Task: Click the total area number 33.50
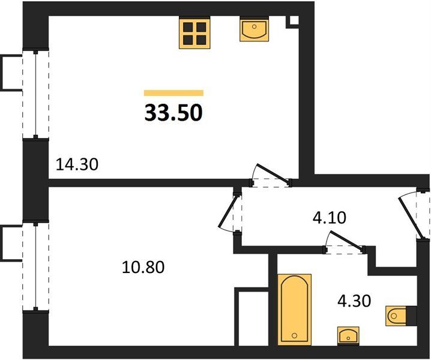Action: click(x=173, y=113)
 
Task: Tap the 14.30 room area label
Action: click(x=77, y=165)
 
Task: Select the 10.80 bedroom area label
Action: click(x=143, y=267)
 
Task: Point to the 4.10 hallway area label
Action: click(x=330, y=218)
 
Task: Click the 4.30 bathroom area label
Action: click(x=354, y=301)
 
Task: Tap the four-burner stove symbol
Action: click(x=194, y=32)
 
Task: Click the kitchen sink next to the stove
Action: click(x=255, y=29)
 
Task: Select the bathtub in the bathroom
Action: click(x=294, y=310)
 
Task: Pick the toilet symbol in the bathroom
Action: click(x=398, y=316)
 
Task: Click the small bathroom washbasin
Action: click(x=348, y=335)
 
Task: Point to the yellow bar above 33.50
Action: click(x=173, y=93)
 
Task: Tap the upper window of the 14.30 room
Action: click(x=35, y=94)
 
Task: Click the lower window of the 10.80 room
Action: click(x=35, y=266)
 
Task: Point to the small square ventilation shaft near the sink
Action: click(x=294, y=21)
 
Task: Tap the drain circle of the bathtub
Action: click(x=295, y=335)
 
